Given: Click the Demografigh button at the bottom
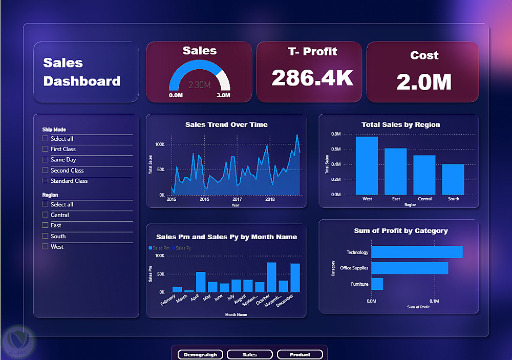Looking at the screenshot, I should (200, 354).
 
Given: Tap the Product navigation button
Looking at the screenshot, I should (300, 354).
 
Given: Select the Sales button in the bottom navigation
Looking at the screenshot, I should (250, 354).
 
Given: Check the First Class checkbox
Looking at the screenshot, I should (46, 149).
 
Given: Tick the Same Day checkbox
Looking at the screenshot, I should (46, 160).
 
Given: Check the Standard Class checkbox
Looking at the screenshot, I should (46, 181).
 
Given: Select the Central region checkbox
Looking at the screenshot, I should (46, 215).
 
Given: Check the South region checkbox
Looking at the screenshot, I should (46, 236).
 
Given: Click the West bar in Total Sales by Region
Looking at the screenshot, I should (367, 166).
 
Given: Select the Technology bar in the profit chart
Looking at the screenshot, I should (417, 252).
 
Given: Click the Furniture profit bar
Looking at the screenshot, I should (377, 284).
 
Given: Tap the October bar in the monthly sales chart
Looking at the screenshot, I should (271, 277).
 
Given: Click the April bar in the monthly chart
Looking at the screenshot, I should (201, 282).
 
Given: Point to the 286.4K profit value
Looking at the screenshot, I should (312, 78).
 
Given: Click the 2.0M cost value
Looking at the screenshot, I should (423, 82).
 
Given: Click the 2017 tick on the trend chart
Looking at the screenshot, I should (237, 199).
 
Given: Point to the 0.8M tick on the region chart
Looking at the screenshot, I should (336, 134).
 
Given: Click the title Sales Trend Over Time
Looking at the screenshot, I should (226, 124).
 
